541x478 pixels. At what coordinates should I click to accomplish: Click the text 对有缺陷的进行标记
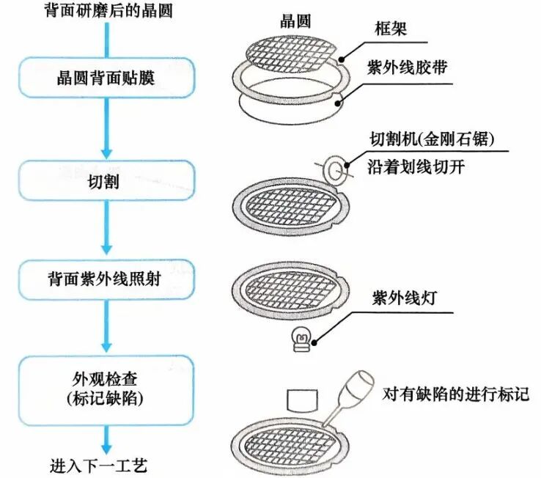[x=456, y=394]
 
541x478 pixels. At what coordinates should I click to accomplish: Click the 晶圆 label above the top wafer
[x=295, y=21]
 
